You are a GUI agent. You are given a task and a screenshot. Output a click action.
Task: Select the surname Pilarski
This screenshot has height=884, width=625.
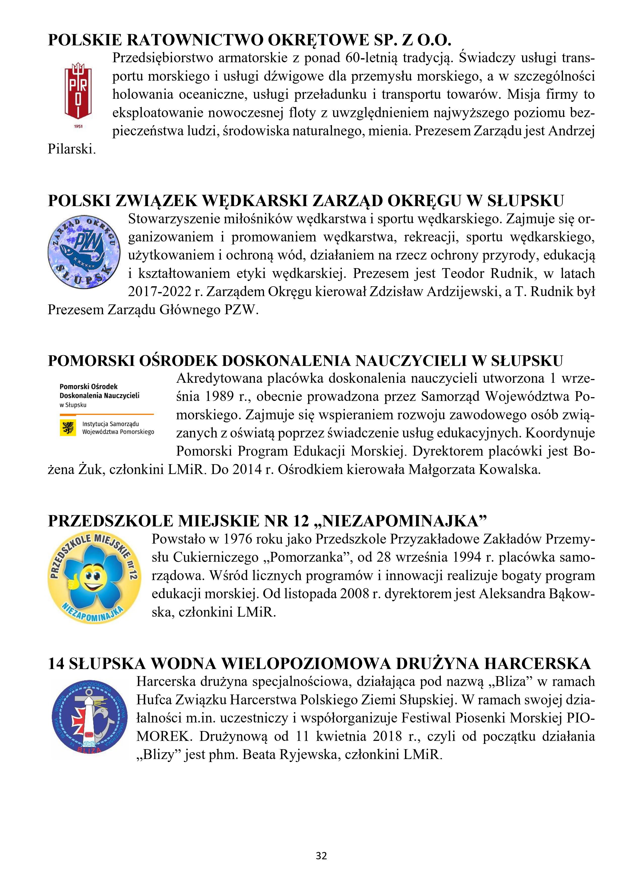(72, 149)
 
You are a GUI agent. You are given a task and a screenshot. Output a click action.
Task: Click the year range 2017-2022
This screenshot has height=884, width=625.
(159, 292)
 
